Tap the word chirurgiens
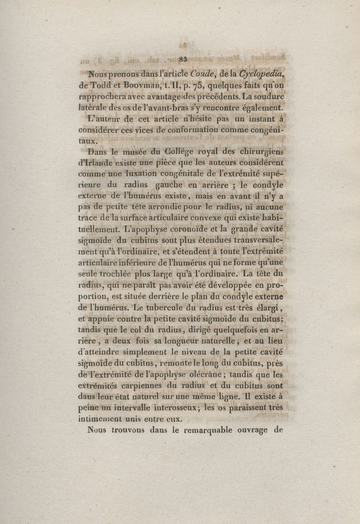pos(259,151)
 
